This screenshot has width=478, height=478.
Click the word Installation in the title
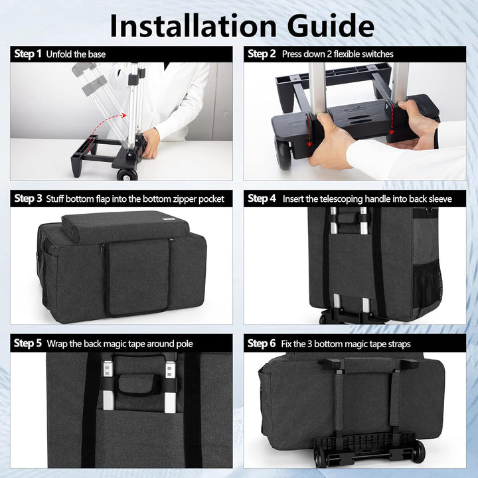coord(193,26)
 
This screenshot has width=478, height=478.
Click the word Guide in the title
coord(331,26)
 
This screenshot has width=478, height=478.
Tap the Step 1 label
coord(28,54)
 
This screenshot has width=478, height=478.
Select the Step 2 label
coord(262,54)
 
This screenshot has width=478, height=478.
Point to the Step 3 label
coord(28,199)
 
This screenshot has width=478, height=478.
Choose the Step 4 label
coord(262,199)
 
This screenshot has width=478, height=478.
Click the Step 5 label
coord(28,343)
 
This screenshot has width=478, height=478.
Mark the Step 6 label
coord(262,343)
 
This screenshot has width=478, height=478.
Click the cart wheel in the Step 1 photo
coord(127,175)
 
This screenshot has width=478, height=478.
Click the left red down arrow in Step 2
coord(309,131)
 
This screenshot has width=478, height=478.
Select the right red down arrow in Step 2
coord(392,119)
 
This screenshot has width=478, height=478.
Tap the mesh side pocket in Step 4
coord(427,284)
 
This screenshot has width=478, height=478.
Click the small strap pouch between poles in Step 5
coord(137,384)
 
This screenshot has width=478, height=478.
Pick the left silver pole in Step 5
coord(108,385)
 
